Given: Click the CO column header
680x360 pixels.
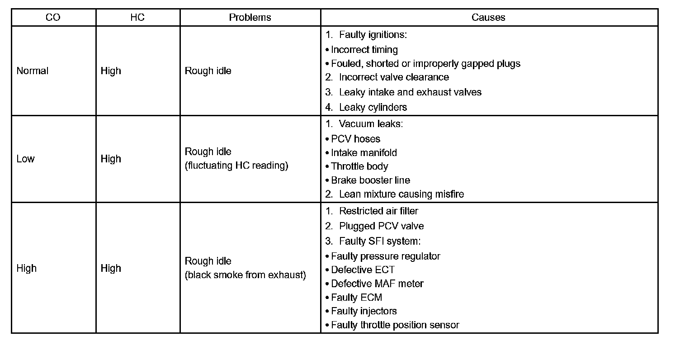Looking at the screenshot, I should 53,18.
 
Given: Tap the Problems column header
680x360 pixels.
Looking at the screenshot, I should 250,18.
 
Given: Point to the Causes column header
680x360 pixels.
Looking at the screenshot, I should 488,18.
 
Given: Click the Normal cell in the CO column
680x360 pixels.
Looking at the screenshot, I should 32,71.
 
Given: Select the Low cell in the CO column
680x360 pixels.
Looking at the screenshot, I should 25,159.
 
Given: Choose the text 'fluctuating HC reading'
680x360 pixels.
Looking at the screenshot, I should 236,166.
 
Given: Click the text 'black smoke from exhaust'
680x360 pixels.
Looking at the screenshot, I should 246,275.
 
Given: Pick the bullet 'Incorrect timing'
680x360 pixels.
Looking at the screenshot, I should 364,50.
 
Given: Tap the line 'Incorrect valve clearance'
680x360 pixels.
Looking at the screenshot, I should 393,77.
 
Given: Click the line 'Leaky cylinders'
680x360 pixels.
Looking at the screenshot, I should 373,107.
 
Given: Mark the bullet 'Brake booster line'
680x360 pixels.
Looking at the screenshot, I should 370,180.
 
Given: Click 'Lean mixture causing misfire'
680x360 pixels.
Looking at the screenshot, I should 401,194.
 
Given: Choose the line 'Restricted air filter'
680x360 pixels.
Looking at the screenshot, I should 378,211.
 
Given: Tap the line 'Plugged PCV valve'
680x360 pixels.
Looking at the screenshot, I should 381,226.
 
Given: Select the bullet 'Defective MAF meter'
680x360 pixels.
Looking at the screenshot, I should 377,284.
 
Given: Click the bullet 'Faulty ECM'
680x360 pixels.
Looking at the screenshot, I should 356,298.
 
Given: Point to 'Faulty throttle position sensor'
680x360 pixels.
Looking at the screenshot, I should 395,325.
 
